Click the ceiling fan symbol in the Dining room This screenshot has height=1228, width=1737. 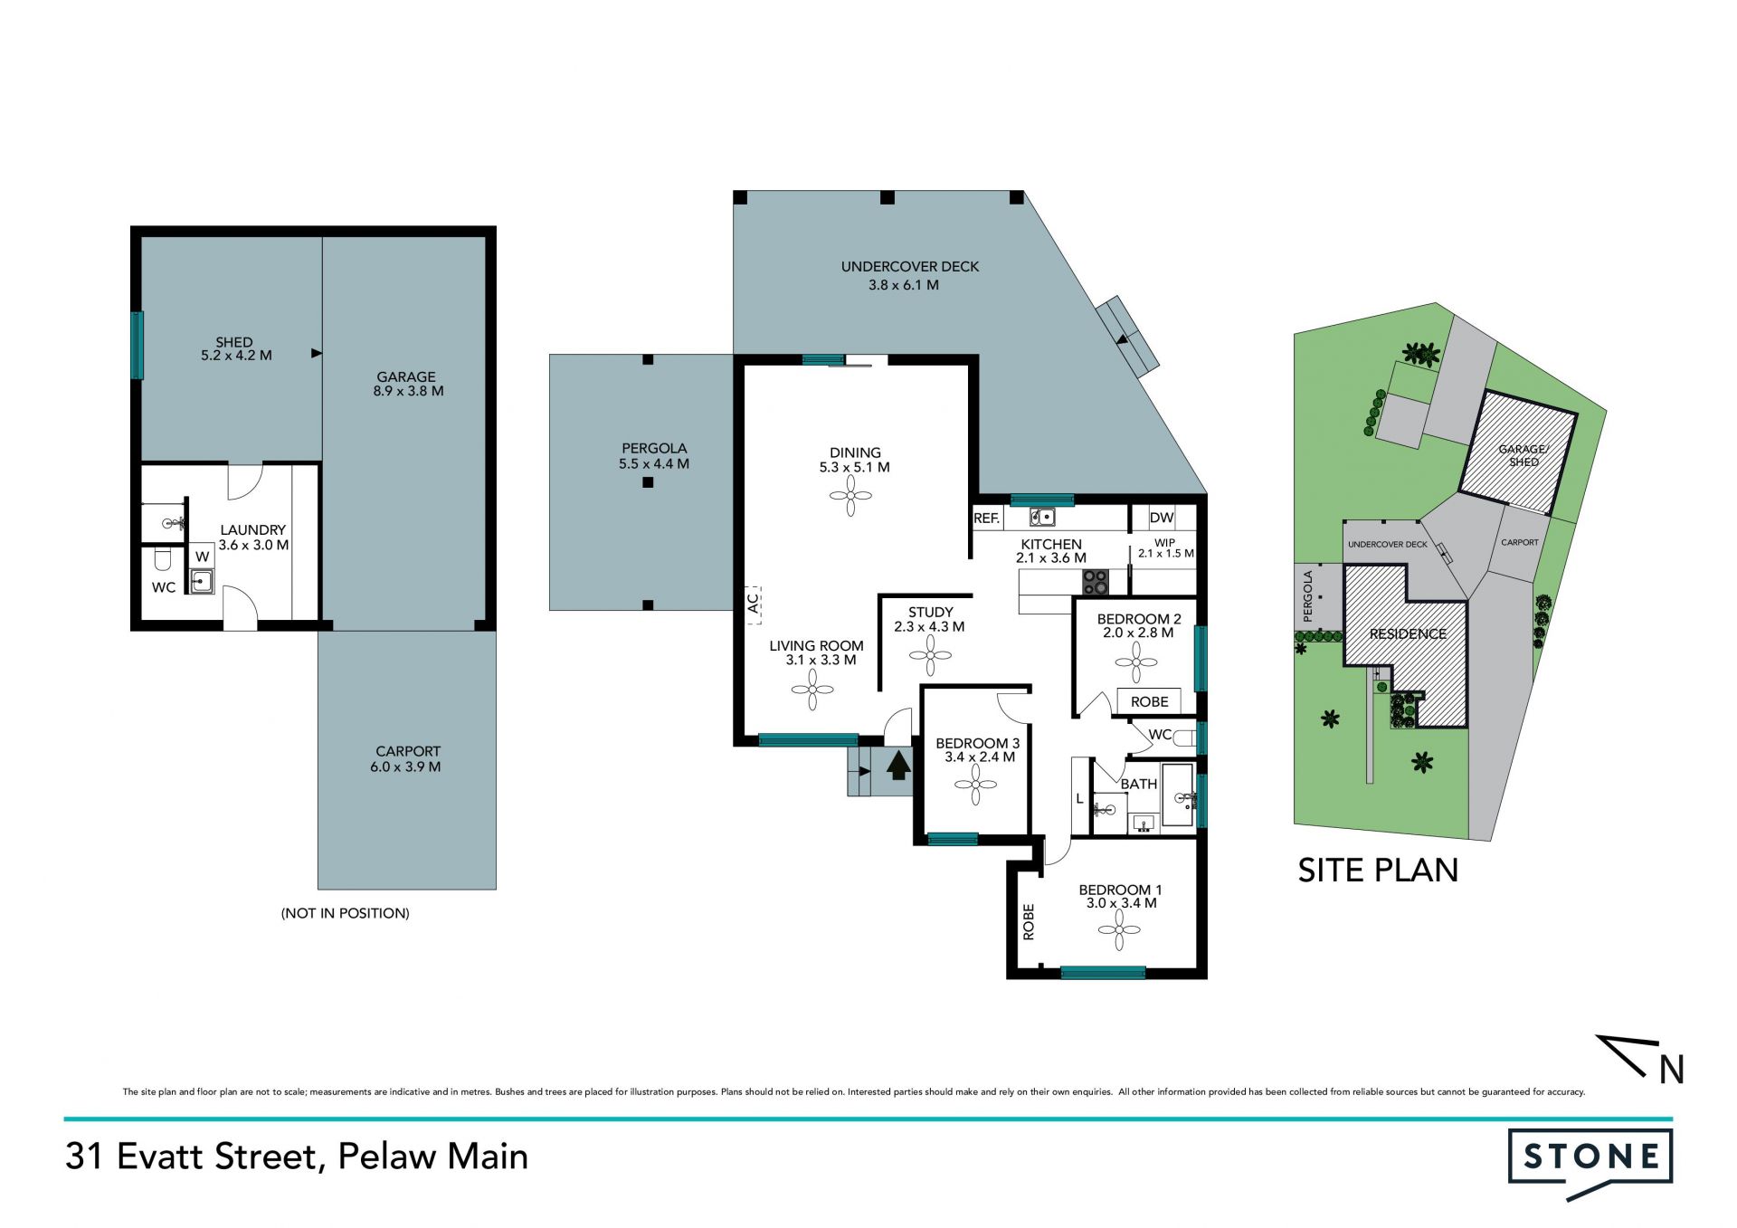tap(851, 496)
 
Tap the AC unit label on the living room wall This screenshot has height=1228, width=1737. tap(753, 604)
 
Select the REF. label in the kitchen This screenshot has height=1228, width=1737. tap(986, 519)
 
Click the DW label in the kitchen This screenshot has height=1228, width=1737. tap(1162, 518)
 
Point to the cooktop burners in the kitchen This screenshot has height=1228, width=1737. tap(1096, 582)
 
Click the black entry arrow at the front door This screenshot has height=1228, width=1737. tap(898, 765)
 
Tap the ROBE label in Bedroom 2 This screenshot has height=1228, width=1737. tap(1149, 701)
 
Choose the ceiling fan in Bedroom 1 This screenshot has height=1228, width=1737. tap(1120, 930)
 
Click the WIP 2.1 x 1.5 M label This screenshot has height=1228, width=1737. tap(1165, 548)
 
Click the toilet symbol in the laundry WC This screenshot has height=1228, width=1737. tap(163, 560)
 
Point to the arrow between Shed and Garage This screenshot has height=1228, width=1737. tap(317, 353)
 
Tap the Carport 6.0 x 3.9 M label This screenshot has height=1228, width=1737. tap(407, 759)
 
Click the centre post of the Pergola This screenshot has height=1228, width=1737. tap(648, 482)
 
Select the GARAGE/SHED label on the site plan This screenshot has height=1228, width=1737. tap(1523, 455)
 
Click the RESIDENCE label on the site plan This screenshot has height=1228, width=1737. tap(1408, 633)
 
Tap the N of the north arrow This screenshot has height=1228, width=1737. tap(1672, 1070)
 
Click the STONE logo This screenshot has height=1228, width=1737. tap(1590, 1164)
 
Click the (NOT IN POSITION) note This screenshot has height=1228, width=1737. tap(346, 913)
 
